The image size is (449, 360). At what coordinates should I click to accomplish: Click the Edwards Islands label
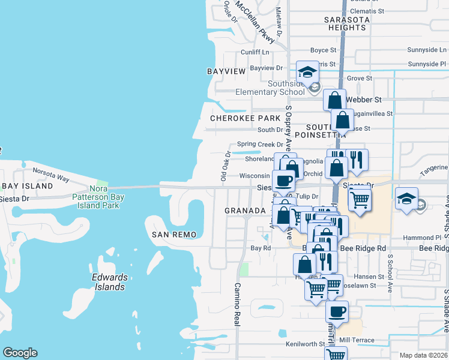(109, 282)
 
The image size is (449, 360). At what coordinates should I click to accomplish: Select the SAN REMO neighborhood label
(174, 234)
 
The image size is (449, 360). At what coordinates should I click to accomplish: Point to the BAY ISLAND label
(27, 187)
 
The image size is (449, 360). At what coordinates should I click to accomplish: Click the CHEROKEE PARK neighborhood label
(246, 119)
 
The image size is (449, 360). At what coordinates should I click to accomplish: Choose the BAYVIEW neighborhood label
(226, 71)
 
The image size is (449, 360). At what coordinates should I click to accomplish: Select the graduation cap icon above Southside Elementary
(308, 73)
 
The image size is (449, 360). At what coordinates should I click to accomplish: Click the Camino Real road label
(237, 304)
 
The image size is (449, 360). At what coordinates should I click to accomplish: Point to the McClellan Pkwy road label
(255, 22)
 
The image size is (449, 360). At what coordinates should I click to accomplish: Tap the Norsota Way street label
(51, 173)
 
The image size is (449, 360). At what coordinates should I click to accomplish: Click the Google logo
(20, 353)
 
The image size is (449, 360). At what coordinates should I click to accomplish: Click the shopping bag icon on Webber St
(335, 100)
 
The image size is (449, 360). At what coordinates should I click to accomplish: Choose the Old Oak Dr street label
(226, 167)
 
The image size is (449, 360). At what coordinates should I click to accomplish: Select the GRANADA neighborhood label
(245, 211)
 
